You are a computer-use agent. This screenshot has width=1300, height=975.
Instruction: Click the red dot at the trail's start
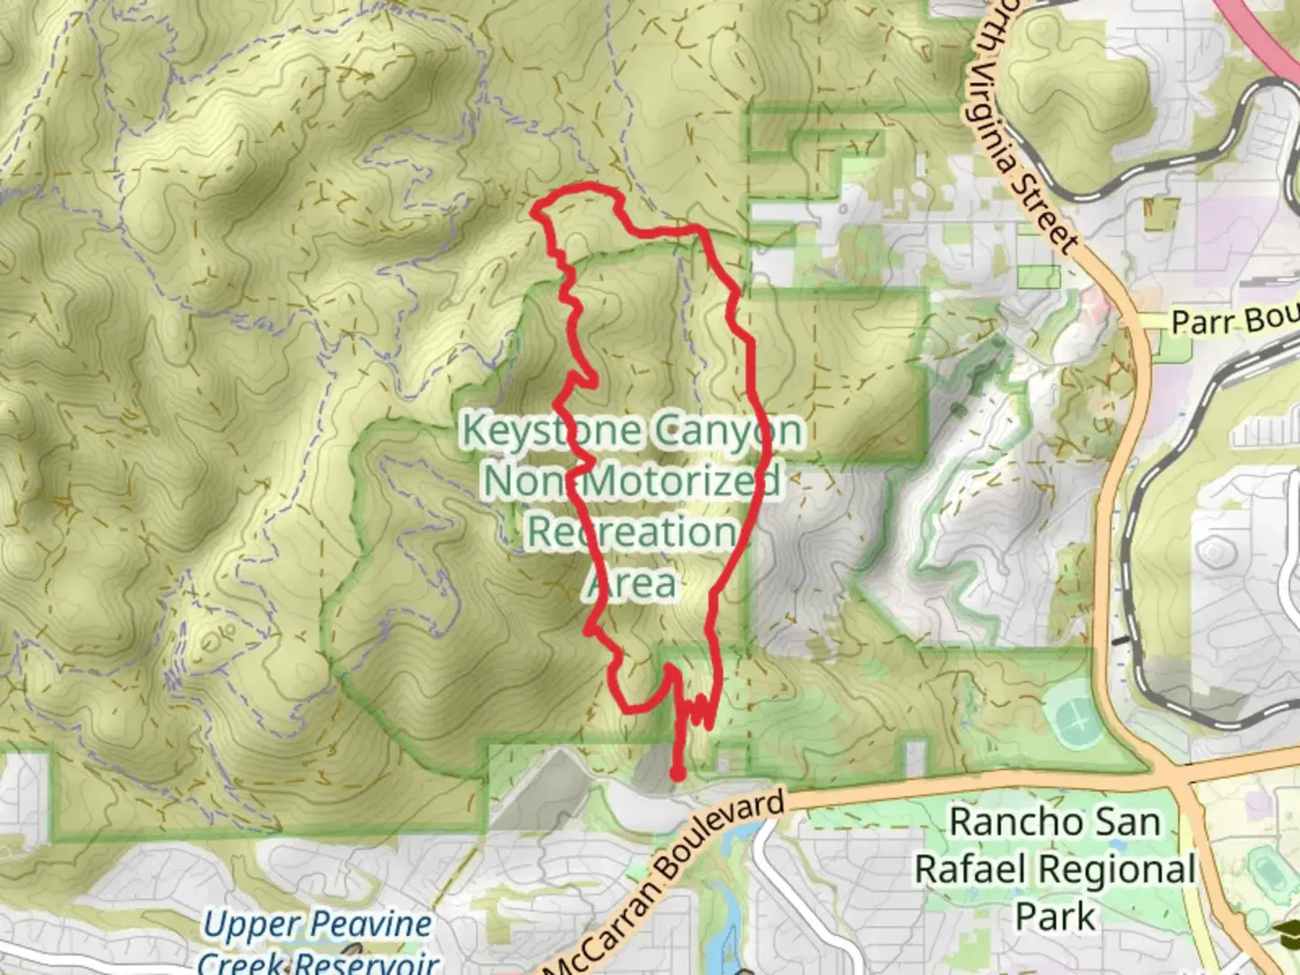pos(676,773)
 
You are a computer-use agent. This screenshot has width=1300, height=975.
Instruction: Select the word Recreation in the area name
pos(631,532)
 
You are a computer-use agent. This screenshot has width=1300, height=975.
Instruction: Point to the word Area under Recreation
pos(631,584)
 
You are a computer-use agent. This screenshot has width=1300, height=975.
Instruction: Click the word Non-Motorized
pos(631,481)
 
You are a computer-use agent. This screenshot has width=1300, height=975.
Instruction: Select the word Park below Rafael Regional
pos(1054,916)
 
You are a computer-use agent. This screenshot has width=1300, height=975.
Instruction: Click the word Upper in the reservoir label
pos(238,925)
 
